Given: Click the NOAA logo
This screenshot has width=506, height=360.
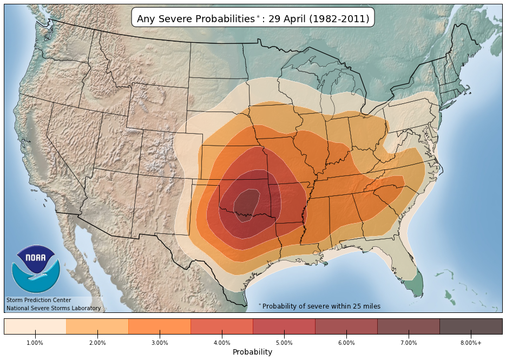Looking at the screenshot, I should (36, 269).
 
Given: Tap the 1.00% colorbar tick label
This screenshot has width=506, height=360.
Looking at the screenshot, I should (35, 343).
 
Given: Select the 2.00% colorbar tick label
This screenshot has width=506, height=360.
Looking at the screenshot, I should (97, 343).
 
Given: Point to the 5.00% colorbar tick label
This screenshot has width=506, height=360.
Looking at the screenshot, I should (284, 343).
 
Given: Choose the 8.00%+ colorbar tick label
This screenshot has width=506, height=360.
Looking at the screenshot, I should (471, 343).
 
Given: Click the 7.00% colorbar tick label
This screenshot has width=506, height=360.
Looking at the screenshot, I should (409, 343).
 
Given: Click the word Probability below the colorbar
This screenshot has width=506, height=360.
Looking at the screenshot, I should (252, 352).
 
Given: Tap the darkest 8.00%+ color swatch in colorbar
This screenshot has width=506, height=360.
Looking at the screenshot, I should (471, 326).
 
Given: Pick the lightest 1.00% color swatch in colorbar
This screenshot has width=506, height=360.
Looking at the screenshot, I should (35, 326).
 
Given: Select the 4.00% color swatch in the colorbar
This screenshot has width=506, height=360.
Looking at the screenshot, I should (222, 326).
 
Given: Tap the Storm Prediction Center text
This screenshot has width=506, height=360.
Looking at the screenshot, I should (38, 300).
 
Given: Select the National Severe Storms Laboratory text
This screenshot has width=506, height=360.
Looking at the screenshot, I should (54, 308).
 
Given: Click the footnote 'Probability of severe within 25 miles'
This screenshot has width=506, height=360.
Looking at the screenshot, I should (321, 306).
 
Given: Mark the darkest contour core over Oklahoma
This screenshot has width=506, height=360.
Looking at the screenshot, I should (246, 202).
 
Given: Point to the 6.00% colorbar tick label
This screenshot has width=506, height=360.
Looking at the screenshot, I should (346, 343).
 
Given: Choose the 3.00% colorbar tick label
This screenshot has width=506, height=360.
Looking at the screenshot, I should (160, 343).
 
